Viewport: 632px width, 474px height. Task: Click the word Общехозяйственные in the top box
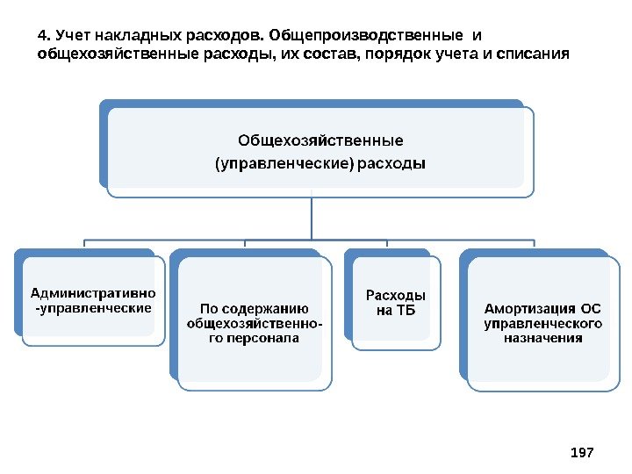(321, 140)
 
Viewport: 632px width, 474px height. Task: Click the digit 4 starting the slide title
(41, 36)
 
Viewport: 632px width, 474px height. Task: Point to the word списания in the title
(532, 55)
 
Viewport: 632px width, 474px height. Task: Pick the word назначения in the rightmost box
(542, 337)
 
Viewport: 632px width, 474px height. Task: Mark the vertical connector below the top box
(312, 217)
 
